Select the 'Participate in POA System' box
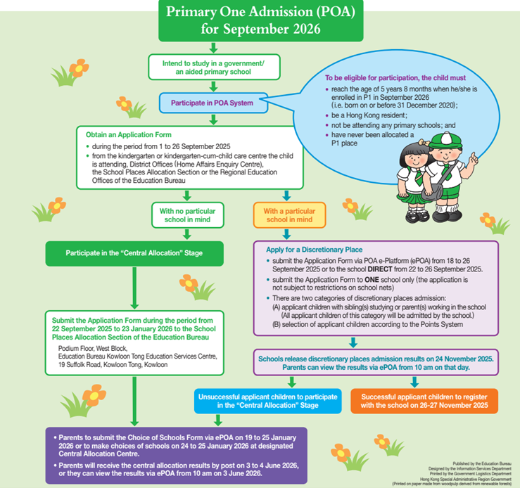tap(213, 103)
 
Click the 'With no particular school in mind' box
tap(187, 214)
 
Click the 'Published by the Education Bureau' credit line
tap(474, 457)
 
